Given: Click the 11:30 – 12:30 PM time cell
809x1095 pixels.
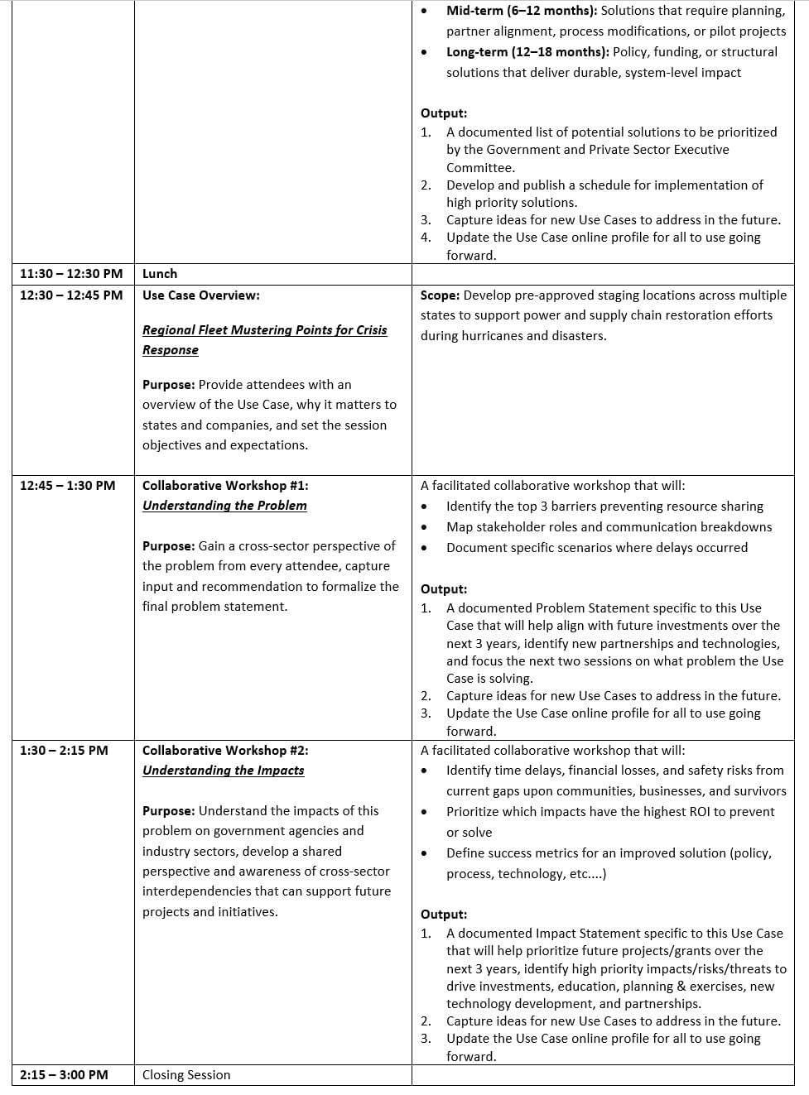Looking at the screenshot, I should [71, 274].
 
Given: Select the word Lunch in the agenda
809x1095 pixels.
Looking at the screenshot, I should [160, 274].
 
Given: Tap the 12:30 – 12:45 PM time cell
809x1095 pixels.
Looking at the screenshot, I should [71, 295].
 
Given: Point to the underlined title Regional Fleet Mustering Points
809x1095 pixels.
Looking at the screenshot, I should [264, 330].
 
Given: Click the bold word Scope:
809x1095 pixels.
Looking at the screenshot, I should [440, 295].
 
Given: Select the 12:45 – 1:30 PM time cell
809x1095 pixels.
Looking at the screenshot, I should [68, 486].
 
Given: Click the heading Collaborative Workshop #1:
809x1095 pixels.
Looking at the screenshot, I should [225, 486].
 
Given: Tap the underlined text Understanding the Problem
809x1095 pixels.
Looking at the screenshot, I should [224, 506].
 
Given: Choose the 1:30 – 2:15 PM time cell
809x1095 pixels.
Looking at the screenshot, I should [64, 751].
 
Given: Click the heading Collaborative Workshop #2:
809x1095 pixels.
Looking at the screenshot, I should [225, 751].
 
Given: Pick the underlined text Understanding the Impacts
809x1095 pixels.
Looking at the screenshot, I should [223, 771].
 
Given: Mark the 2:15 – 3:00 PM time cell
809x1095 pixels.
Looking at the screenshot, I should [64, 1075].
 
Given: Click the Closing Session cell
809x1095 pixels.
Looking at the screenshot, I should [186, 1075].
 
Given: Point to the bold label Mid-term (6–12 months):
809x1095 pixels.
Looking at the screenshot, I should [522, 11].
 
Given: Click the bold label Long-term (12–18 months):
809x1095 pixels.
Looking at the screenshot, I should [527, 52].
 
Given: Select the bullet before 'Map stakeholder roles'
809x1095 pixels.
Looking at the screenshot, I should [425, 527].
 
